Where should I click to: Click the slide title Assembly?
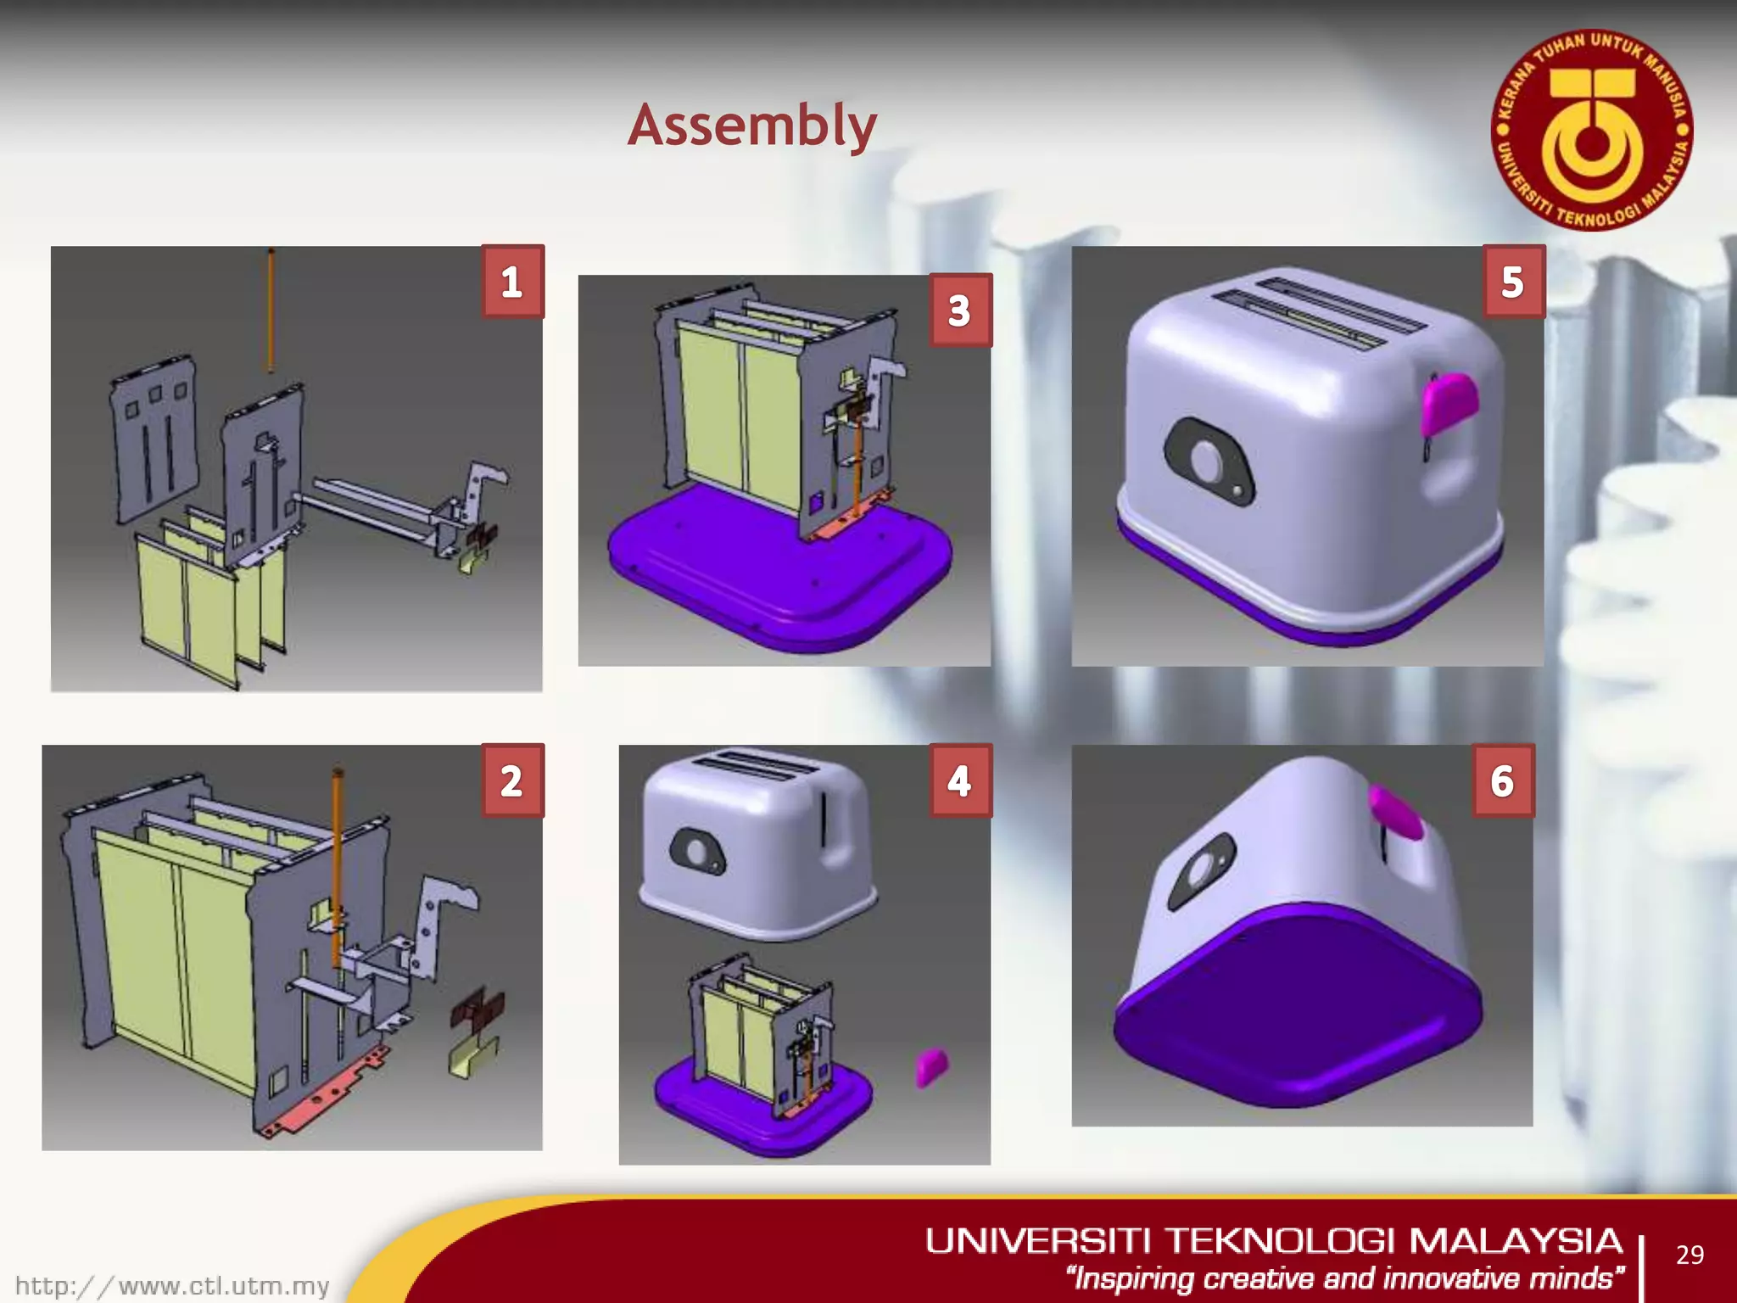click(751, 126)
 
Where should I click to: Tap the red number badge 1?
click(511, 282)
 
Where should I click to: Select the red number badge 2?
click(511, 780)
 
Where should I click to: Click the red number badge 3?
click(959, 310)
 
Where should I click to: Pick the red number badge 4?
click(959, 780)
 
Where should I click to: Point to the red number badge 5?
click(1512, 282)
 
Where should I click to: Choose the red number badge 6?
click(1502, 780)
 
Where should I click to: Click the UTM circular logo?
click(1592, 131)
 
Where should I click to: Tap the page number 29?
click(1690, 1255)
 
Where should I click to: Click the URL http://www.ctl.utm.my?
click(172, 1286)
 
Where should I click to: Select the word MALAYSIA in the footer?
click(1516, 1241)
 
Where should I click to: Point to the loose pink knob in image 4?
click(931, 1065)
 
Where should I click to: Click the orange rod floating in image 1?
click(271, 310)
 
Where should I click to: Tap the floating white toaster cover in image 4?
click(757, 844)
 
